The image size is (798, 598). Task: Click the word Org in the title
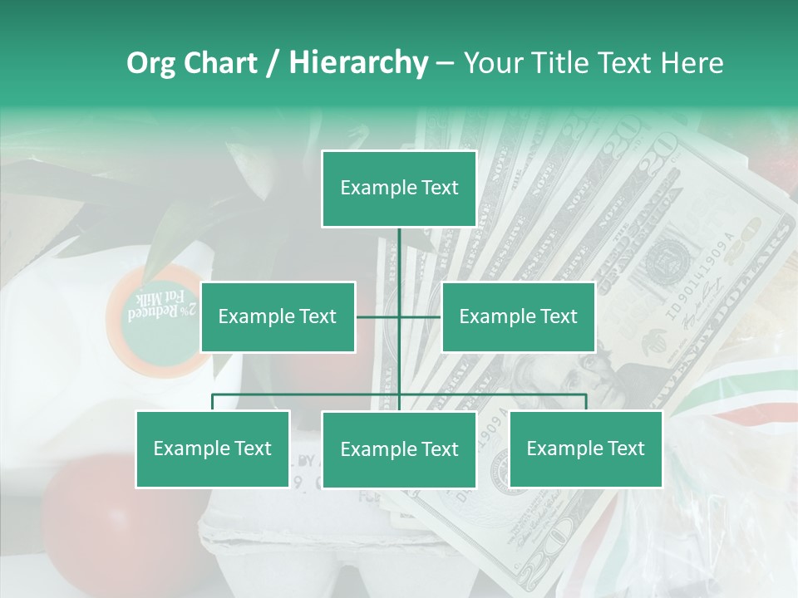(x=151, y=63)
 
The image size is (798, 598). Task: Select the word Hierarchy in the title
(x=357, y=63)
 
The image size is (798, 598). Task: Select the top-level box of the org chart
(x=399, y=189)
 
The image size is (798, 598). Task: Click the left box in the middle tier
(x=278, y=316)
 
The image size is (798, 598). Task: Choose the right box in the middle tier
(x=518, y=316)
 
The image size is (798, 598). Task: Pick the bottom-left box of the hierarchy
(x=213, y=448)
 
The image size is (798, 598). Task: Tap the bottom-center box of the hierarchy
(x=399, y=449)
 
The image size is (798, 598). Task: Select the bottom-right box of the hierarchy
(x=585, y=448)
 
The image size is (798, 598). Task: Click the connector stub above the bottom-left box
(x=213, y=402)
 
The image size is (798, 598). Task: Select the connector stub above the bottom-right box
(x=585, y=402)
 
